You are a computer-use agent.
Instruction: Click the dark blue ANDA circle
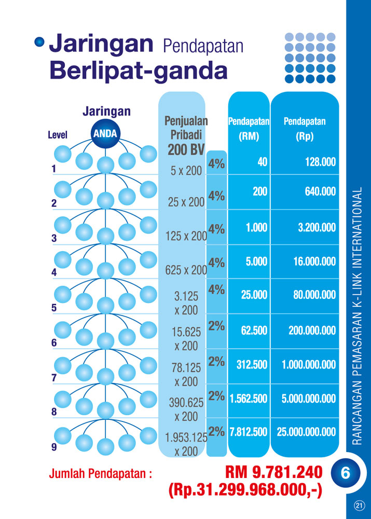point(105,134)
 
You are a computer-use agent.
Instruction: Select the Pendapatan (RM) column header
point(249,129)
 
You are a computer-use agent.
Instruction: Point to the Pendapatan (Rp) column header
point(305,129)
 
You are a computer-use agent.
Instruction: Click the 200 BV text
point(186,149)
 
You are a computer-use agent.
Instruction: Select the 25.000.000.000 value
point(306,432)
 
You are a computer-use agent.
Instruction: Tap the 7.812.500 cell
point(248,432)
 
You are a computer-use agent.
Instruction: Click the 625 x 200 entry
point(186,270)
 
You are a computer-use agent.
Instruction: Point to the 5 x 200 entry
point(186,171)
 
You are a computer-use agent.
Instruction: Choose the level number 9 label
point(54,446)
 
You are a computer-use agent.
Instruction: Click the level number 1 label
point(53,169)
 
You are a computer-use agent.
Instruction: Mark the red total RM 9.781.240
point(273,472)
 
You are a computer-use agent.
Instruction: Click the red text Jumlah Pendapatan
point(100,473)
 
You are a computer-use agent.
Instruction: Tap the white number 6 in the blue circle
point(346,473)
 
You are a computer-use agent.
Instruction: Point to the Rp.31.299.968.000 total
point(245,490)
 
